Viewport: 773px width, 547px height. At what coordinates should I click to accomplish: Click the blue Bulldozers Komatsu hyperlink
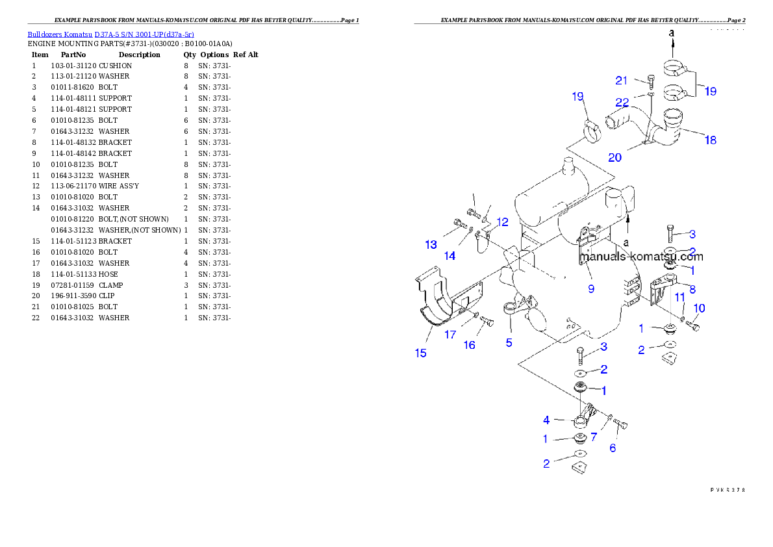[x=110, y=34]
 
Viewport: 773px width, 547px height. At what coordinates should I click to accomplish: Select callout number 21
[x=622, y=81]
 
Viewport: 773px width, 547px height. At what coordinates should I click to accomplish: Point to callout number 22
[x=622, y=103]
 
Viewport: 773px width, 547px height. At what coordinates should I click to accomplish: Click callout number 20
[x=615, y=157]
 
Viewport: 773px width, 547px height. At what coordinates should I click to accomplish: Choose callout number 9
[x=591, y=289]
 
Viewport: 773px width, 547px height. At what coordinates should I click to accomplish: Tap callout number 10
[x=700, y=308]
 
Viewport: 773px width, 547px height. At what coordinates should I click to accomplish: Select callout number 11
[x=679, y=297]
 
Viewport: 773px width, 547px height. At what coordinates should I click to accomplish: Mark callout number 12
[x=501, y=222]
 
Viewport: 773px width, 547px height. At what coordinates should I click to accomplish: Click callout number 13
[x=431, y=245]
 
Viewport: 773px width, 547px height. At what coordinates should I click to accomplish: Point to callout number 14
[x=450, y=256]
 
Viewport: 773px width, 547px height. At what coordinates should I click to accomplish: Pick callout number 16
[x=469, y=345]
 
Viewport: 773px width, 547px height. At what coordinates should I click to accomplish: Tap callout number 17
[x=450, y=335]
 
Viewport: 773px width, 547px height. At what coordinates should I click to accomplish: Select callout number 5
[x=509, y=342]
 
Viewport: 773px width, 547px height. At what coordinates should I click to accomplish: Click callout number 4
[x=546, y=420]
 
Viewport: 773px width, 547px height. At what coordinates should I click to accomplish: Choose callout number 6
[x=613, y=448]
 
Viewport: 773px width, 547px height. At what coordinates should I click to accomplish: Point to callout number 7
[x=593, y=437]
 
